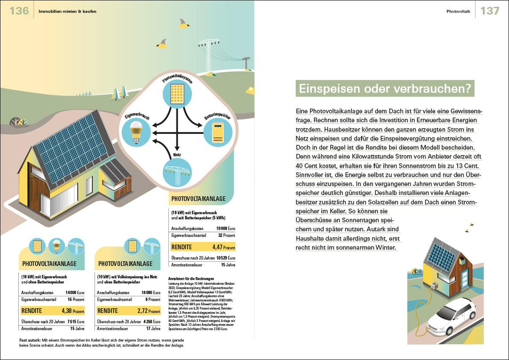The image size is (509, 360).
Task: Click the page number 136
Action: (19, 10)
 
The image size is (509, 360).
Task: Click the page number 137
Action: (490, 10)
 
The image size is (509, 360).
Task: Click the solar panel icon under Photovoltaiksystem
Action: (177, 94)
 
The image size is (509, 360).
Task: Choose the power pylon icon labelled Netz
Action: (177, 172)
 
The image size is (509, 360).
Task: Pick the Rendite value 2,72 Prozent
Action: (149, 311)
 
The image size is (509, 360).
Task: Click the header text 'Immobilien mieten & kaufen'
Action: (67, 11)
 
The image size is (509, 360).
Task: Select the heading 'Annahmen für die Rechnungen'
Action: (191, 278)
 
